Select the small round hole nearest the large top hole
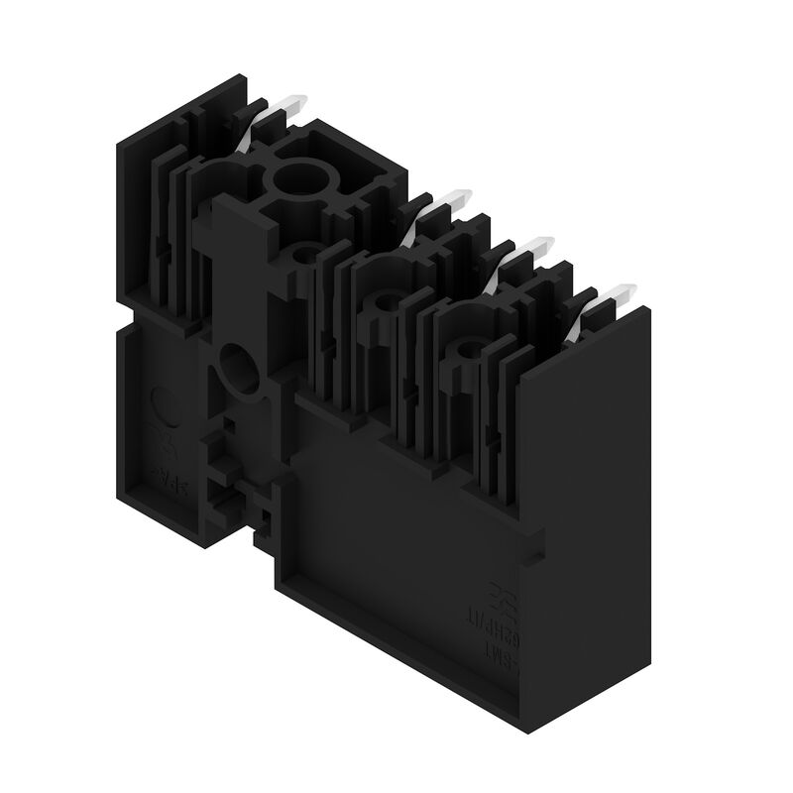[x=306, y=255]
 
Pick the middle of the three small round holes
[x=384, y=300]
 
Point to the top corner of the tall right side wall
[x=650, y=308]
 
